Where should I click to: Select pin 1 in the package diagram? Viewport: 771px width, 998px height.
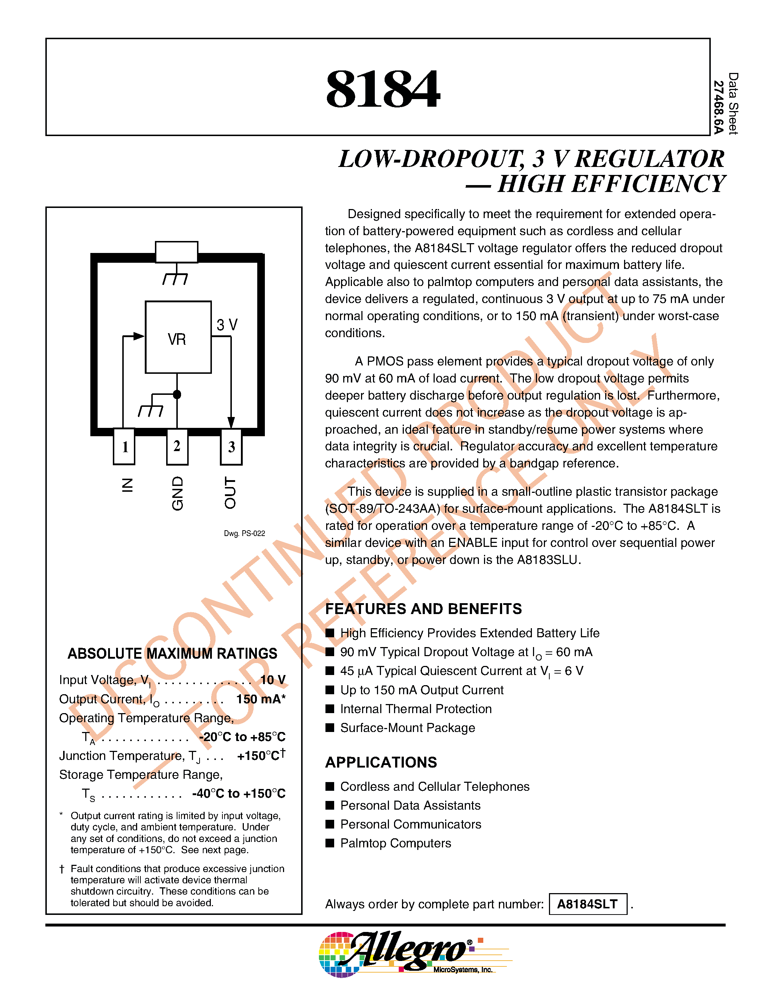click(124, 446)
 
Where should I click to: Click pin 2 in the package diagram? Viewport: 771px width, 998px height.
click(177, 446)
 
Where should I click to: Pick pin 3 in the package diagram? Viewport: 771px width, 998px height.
click(231, 446)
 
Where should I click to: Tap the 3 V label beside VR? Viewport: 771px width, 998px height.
click(227, 325)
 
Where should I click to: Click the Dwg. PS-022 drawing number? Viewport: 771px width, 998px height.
click(245, 533)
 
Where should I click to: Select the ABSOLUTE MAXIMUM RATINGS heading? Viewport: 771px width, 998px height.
click(172, 654)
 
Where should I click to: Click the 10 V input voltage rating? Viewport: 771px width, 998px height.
click(273, 680)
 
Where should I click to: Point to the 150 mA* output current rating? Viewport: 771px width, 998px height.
click(261, 699)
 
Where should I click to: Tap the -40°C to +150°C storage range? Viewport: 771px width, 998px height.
click(239, 794)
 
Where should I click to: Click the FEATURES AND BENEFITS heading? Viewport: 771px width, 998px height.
click(423, 609)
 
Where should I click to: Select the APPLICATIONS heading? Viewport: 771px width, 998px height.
click(381, 762)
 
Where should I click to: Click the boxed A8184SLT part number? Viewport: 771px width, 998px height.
click(587, 904)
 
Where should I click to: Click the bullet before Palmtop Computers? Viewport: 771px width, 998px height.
click(330, 843)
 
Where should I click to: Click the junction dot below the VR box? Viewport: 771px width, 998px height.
click(177, 394)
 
